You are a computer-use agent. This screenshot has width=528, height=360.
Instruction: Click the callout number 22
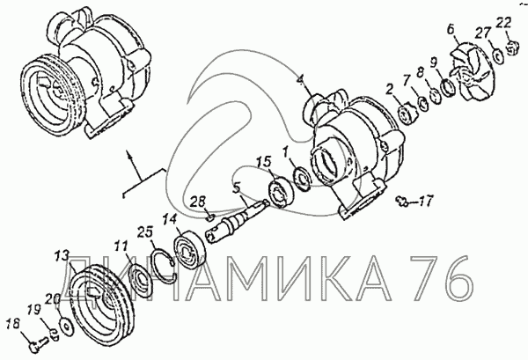point(503,23)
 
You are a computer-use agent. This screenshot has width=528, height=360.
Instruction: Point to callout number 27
point(483,33)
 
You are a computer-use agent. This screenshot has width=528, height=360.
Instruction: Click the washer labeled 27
point(498,55)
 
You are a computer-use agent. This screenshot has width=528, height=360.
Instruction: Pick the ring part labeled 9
point(449,87)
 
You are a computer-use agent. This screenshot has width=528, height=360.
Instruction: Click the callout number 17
point(425,202)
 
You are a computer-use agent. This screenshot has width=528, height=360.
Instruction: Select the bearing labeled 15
point(281,192)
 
